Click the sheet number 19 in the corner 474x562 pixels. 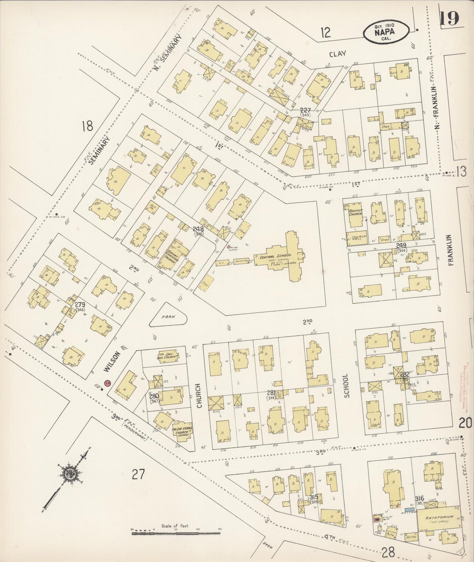click(x=449, y=19)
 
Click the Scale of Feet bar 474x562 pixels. click(x=175, y=534)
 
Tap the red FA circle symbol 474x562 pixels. click(x=107, y=383)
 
